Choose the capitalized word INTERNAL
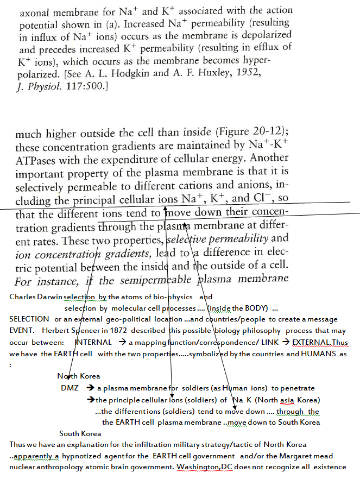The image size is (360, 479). [93, 343]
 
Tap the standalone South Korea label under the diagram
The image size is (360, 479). [80, 433]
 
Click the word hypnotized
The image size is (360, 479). [92, 456]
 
